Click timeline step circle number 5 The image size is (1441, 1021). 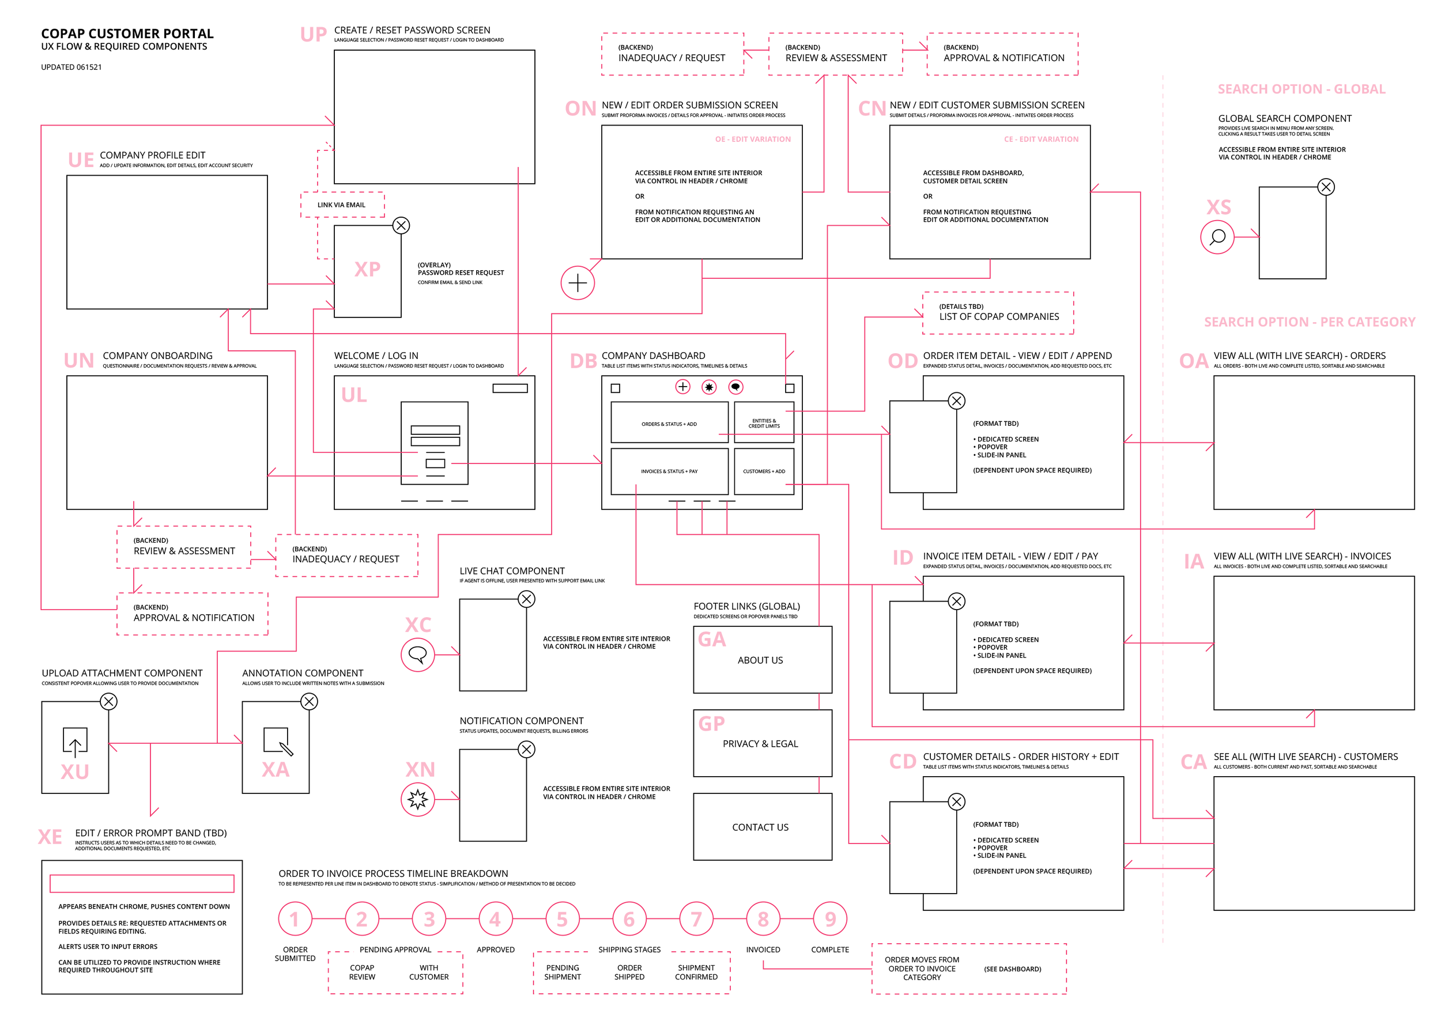[x=561, y=918]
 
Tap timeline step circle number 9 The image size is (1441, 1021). [x=829, y=918]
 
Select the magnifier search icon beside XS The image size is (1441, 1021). [x=1217, y=237]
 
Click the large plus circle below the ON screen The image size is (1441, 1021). [x=578, y=283]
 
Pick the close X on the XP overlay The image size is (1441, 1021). [x=401, y=225]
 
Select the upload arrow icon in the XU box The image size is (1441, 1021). [x=75, y=742]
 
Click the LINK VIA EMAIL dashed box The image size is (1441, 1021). [x=342, y=205]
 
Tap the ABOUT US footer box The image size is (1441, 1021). [x=761, y=660]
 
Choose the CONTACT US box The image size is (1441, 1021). [x=761, y=827]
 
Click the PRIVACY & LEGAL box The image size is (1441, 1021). [x=761, y=743]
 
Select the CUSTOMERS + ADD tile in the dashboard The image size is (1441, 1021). [x=764, y=471]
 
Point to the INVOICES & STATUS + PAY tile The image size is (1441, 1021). [x=669, y=471]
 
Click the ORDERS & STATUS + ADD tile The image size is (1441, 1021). [x=669, y=423]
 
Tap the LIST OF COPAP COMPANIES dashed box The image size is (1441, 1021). [x=998, y=313]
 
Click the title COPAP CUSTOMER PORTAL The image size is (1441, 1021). [x=127, y=33]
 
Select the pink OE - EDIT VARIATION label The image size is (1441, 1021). [x=752, y=139]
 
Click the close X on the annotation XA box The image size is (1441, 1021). [x=309, y=701]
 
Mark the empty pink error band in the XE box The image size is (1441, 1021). [x=142, y=883]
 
